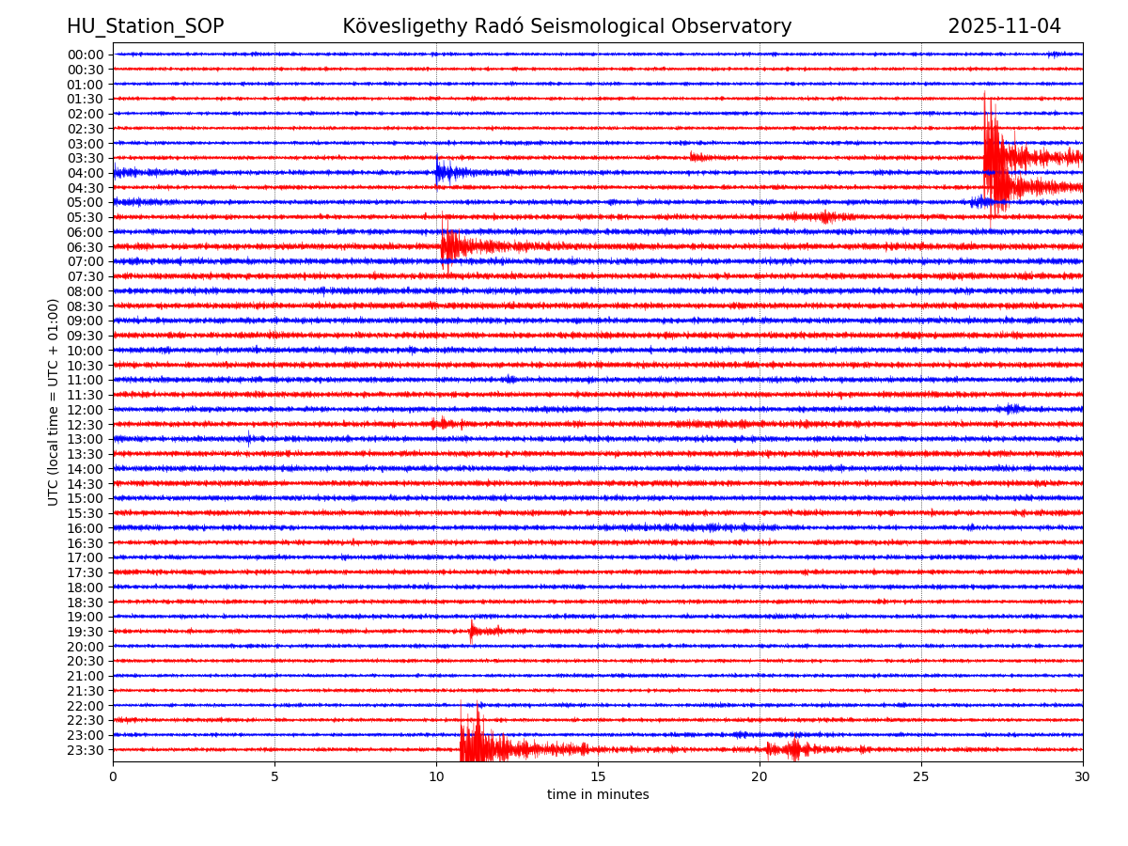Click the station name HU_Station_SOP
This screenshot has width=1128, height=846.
[145, 26]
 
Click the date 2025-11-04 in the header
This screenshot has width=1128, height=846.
[1004, 26]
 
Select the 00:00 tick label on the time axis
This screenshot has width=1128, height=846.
[86, 55]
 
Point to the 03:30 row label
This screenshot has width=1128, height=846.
[86, 158]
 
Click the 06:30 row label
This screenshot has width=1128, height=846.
[86, 247]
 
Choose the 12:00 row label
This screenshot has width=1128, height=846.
[86, 410]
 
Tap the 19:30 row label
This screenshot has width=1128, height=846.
[86, 632]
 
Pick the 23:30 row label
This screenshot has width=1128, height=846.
[86, 750]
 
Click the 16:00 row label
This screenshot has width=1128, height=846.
[86, 528]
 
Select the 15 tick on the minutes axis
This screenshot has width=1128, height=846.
[598, 777]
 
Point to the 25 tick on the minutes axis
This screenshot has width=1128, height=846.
[921, 777]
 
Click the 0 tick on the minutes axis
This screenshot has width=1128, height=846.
[113, 777]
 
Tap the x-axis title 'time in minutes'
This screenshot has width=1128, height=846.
[598, 795]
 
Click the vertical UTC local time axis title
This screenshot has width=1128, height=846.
[54, 402]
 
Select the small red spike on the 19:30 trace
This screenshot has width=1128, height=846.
[472, 631]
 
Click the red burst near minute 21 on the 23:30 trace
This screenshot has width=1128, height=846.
[795, 749]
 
